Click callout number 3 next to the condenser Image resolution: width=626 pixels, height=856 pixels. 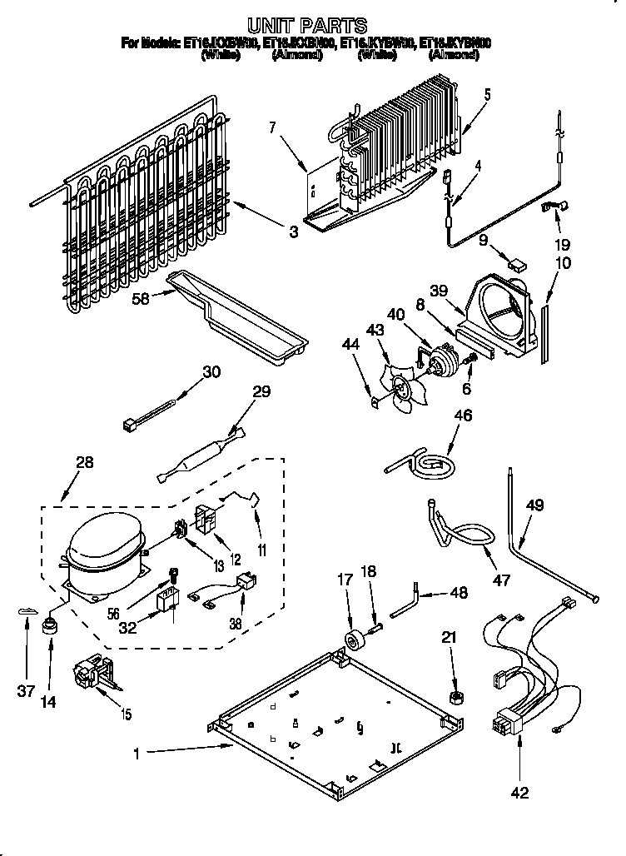(x=293, y=232)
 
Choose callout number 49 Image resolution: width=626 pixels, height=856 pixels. (x=535, y=505)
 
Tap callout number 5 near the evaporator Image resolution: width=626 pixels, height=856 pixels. (x=487, y=94)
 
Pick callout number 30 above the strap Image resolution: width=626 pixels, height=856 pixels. (x=211, y=372)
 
